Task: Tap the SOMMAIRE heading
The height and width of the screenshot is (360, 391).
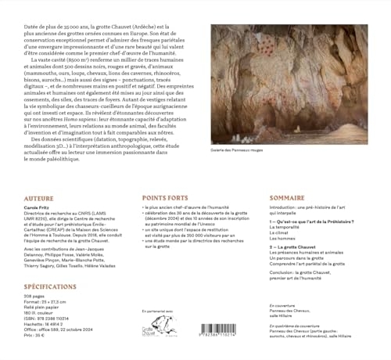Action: [287, 199]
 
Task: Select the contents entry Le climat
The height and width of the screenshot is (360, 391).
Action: [283, 233]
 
